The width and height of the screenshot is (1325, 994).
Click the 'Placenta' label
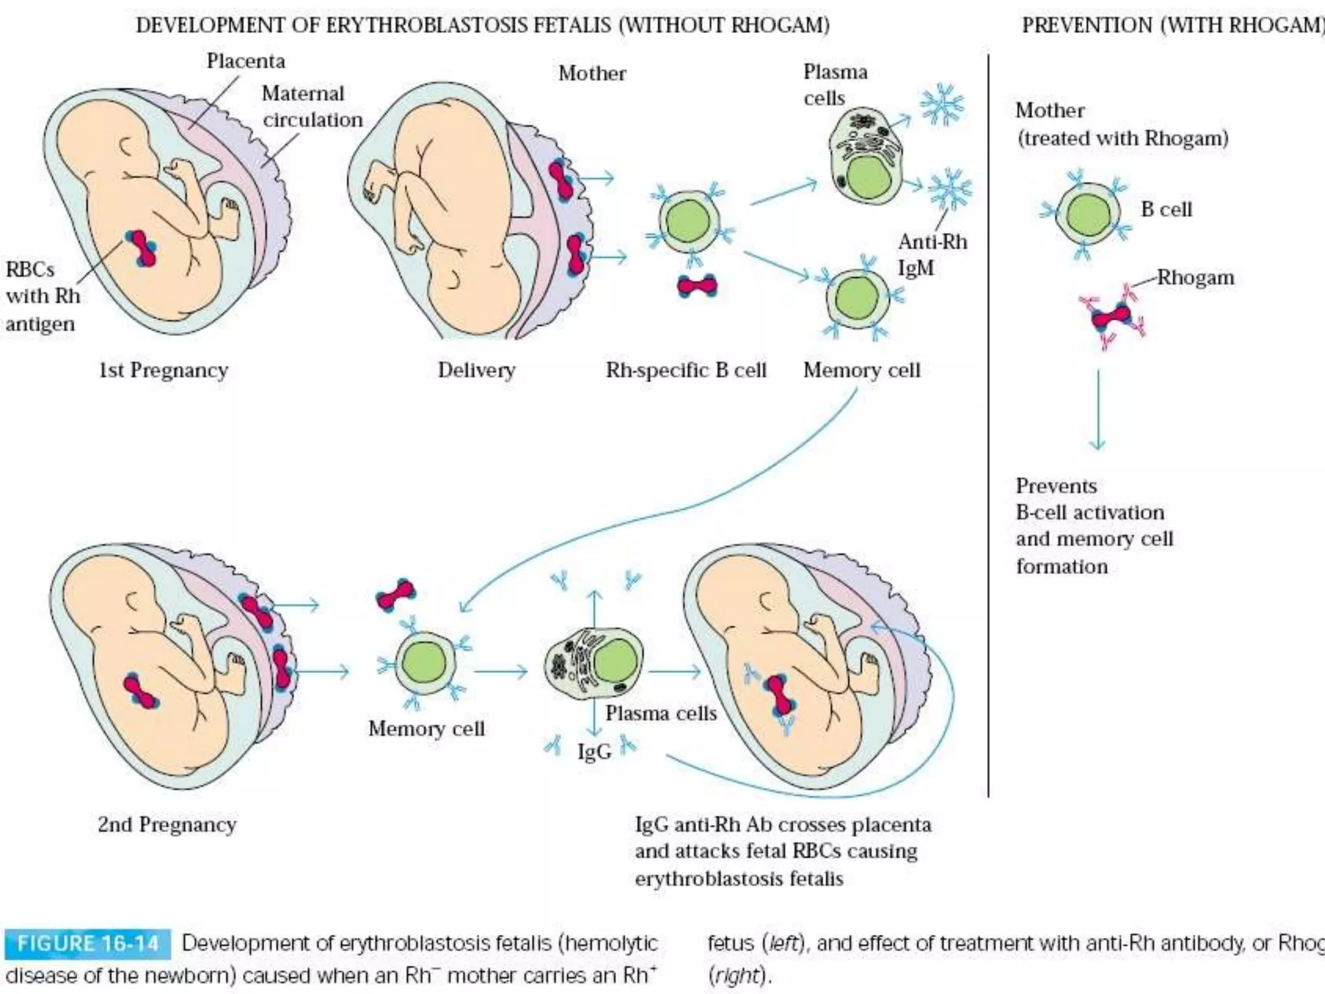(246, 61)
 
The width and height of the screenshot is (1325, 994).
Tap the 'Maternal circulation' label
(311, 107)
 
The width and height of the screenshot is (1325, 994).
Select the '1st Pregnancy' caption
(163, 370)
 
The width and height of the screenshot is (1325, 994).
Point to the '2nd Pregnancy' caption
(167, 824)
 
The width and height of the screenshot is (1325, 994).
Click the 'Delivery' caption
(476, 370)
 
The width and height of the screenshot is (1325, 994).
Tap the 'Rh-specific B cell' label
(686, 370)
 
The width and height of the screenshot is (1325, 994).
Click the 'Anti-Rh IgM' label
(932, 254)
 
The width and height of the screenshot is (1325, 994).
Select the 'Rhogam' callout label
(1196, 278)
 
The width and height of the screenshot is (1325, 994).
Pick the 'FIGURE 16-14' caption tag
(88, 944)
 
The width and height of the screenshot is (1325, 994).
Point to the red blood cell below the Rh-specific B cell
(697, 285)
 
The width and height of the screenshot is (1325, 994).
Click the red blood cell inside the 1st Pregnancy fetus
(142, 248)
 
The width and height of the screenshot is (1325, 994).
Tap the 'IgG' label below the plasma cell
(594, 752)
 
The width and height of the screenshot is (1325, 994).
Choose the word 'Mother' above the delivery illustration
(592, 73)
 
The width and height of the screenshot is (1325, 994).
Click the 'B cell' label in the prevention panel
(1166, 210)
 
